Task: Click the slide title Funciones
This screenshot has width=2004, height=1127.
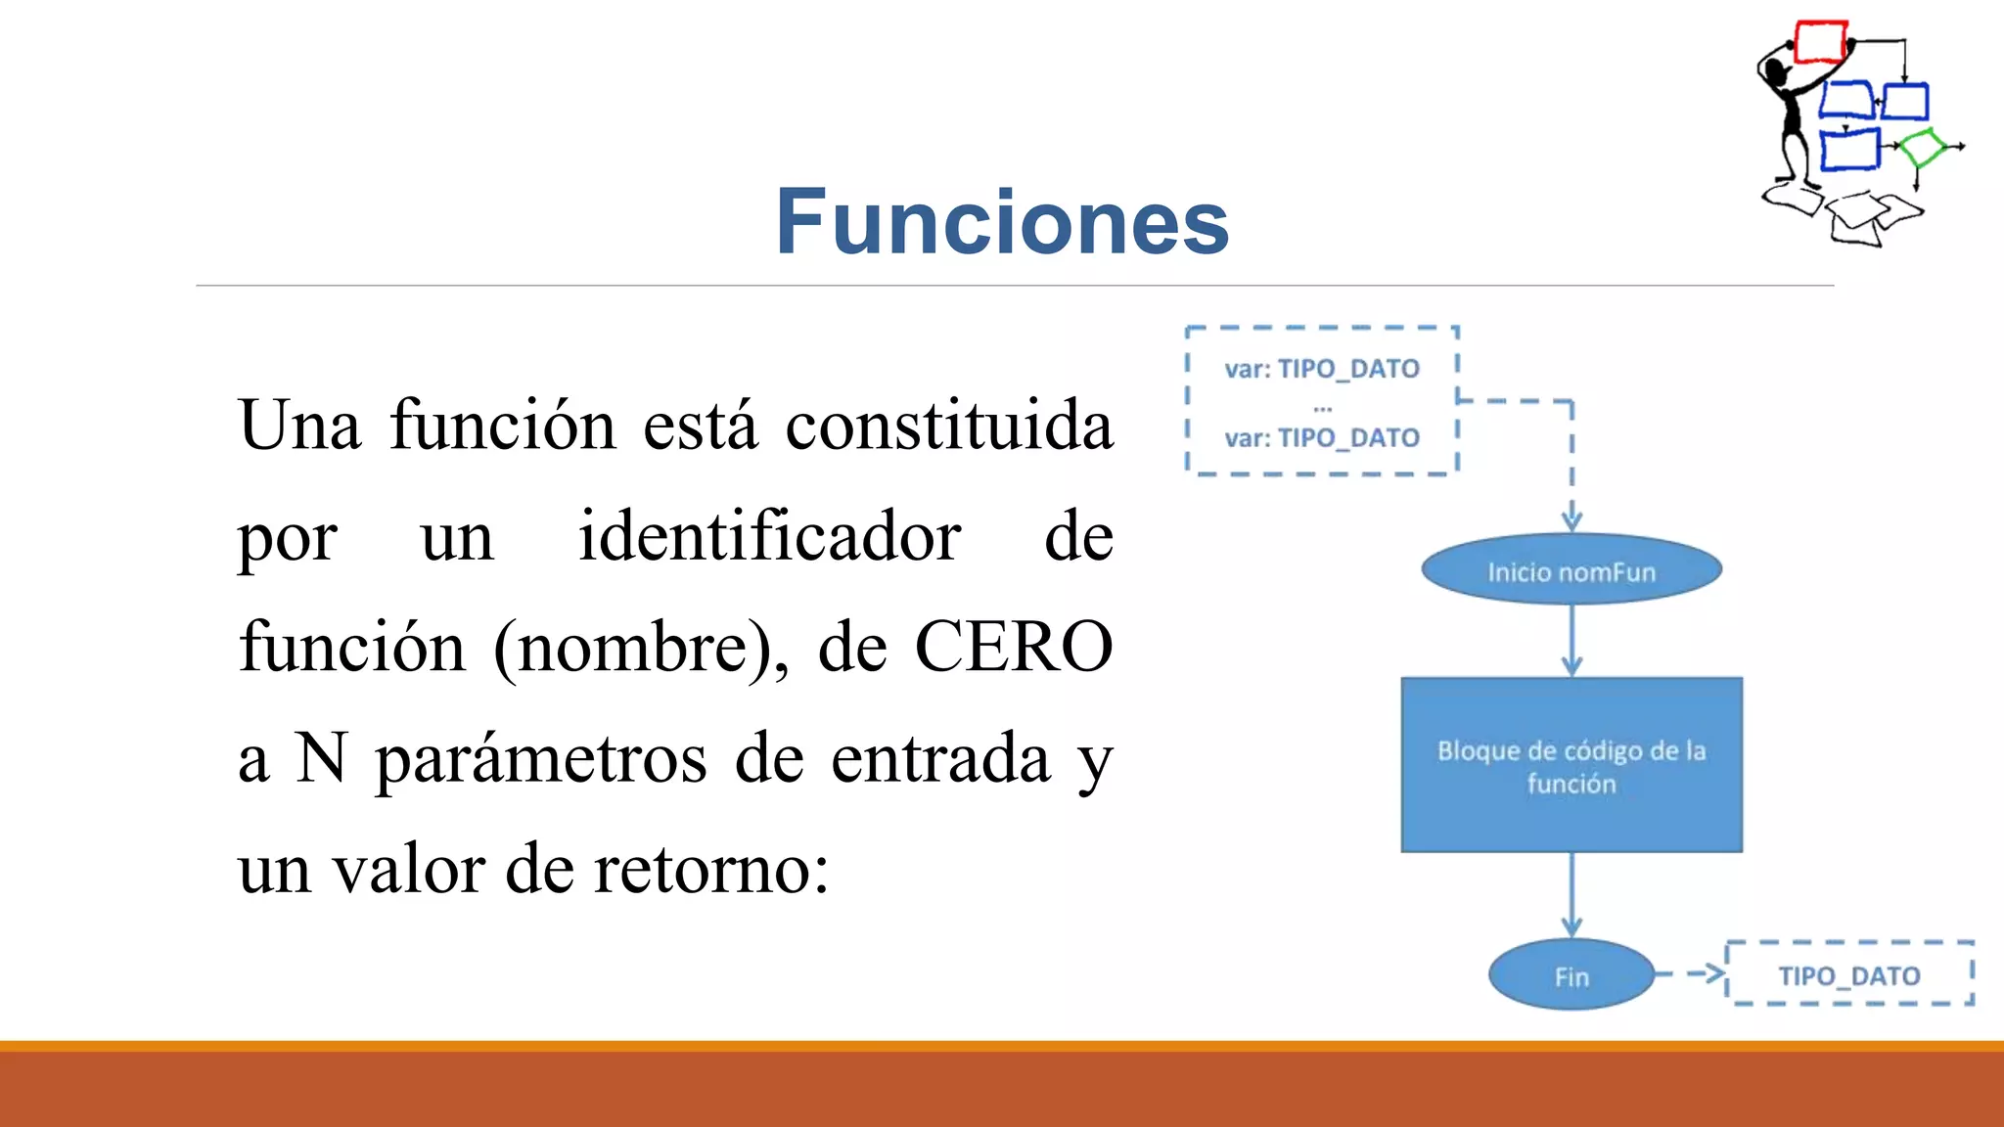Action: (1002, 223)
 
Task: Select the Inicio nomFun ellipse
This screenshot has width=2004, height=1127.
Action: (1571, 570)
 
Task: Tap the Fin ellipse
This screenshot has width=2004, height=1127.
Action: (1571, 975)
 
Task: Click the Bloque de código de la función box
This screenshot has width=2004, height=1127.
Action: (1571, 765)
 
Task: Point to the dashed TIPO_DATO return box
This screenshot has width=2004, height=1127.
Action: (1849, 974)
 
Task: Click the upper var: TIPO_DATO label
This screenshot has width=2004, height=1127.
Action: (1321, 369)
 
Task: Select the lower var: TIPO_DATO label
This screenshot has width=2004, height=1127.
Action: (1321, 437)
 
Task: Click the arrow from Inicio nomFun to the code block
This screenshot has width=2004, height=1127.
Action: (1571, 641)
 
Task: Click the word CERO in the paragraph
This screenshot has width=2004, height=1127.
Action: (1014, 648)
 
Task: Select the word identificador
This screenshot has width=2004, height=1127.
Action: (769, 537)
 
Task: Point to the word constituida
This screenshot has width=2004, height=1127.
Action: (949, 427)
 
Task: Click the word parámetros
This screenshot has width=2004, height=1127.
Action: (541, 758)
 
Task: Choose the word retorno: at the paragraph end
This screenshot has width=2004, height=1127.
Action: (711, 869)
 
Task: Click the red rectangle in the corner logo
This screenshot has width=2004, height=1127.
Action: (1820, 43)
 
